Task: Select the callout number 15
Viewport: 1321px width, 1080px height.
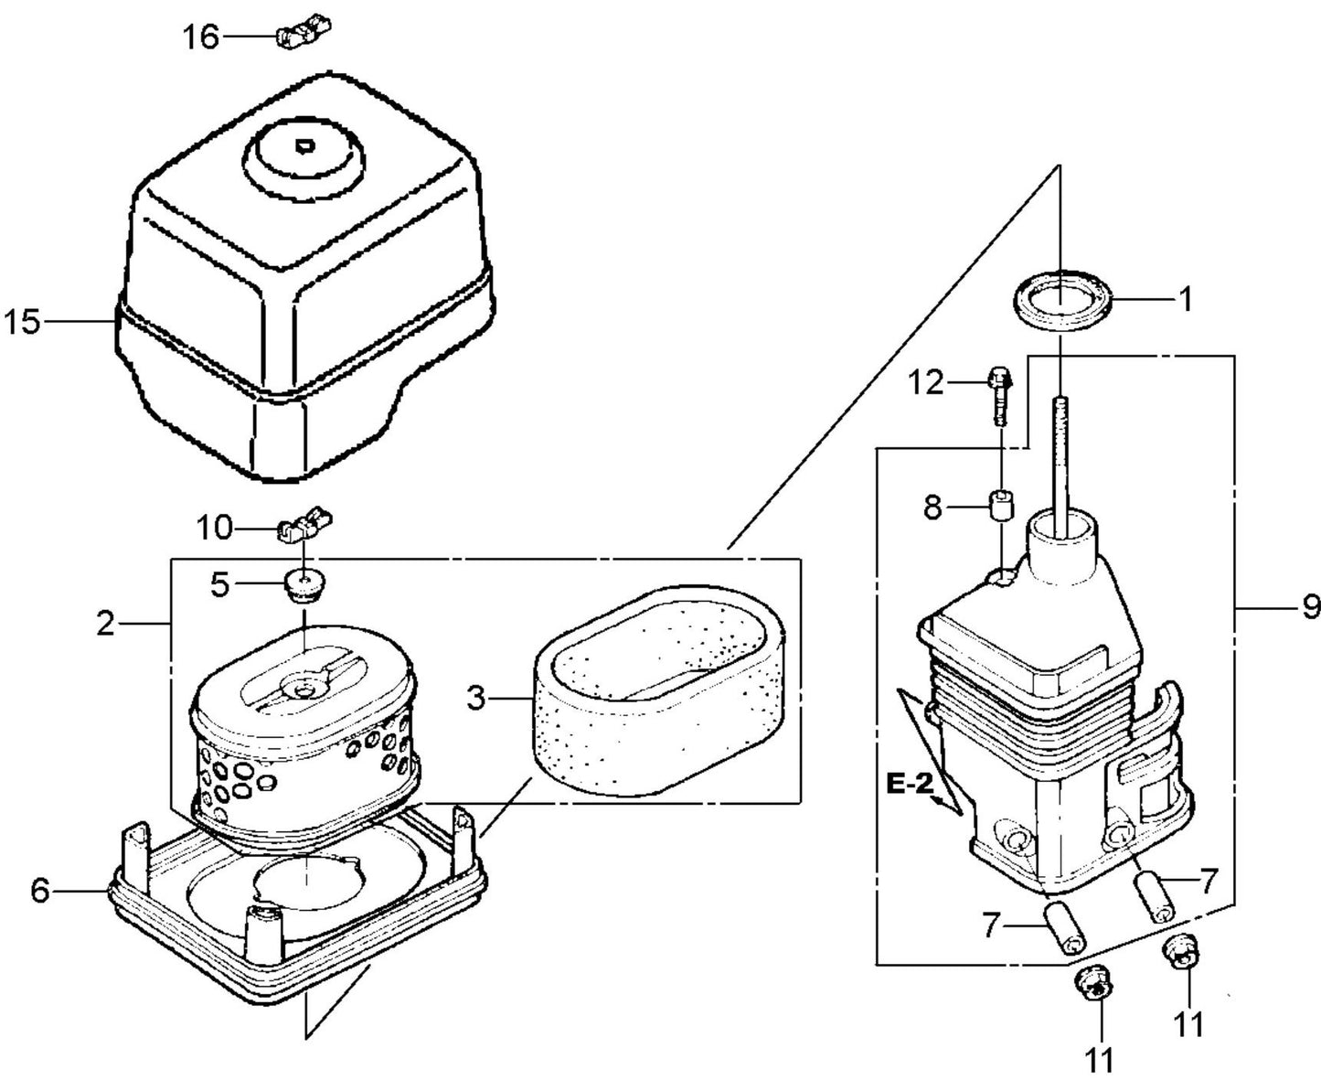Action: pos(22,323)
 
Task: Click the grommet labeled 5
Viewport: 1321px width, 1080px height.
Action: pos(303,584)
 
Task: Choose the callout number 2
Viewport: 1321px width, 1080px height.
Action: pos(106,624)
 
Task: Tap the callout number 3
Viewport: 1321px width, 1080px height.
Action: pos(475,700)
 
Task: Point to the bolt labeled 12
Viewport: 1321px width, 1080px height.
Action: pos(999,395)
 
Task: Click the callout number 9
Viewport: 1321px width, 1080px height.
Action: pos(1310,605)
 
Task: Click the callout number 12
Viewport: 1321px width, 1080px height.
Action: pos(926,382)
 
